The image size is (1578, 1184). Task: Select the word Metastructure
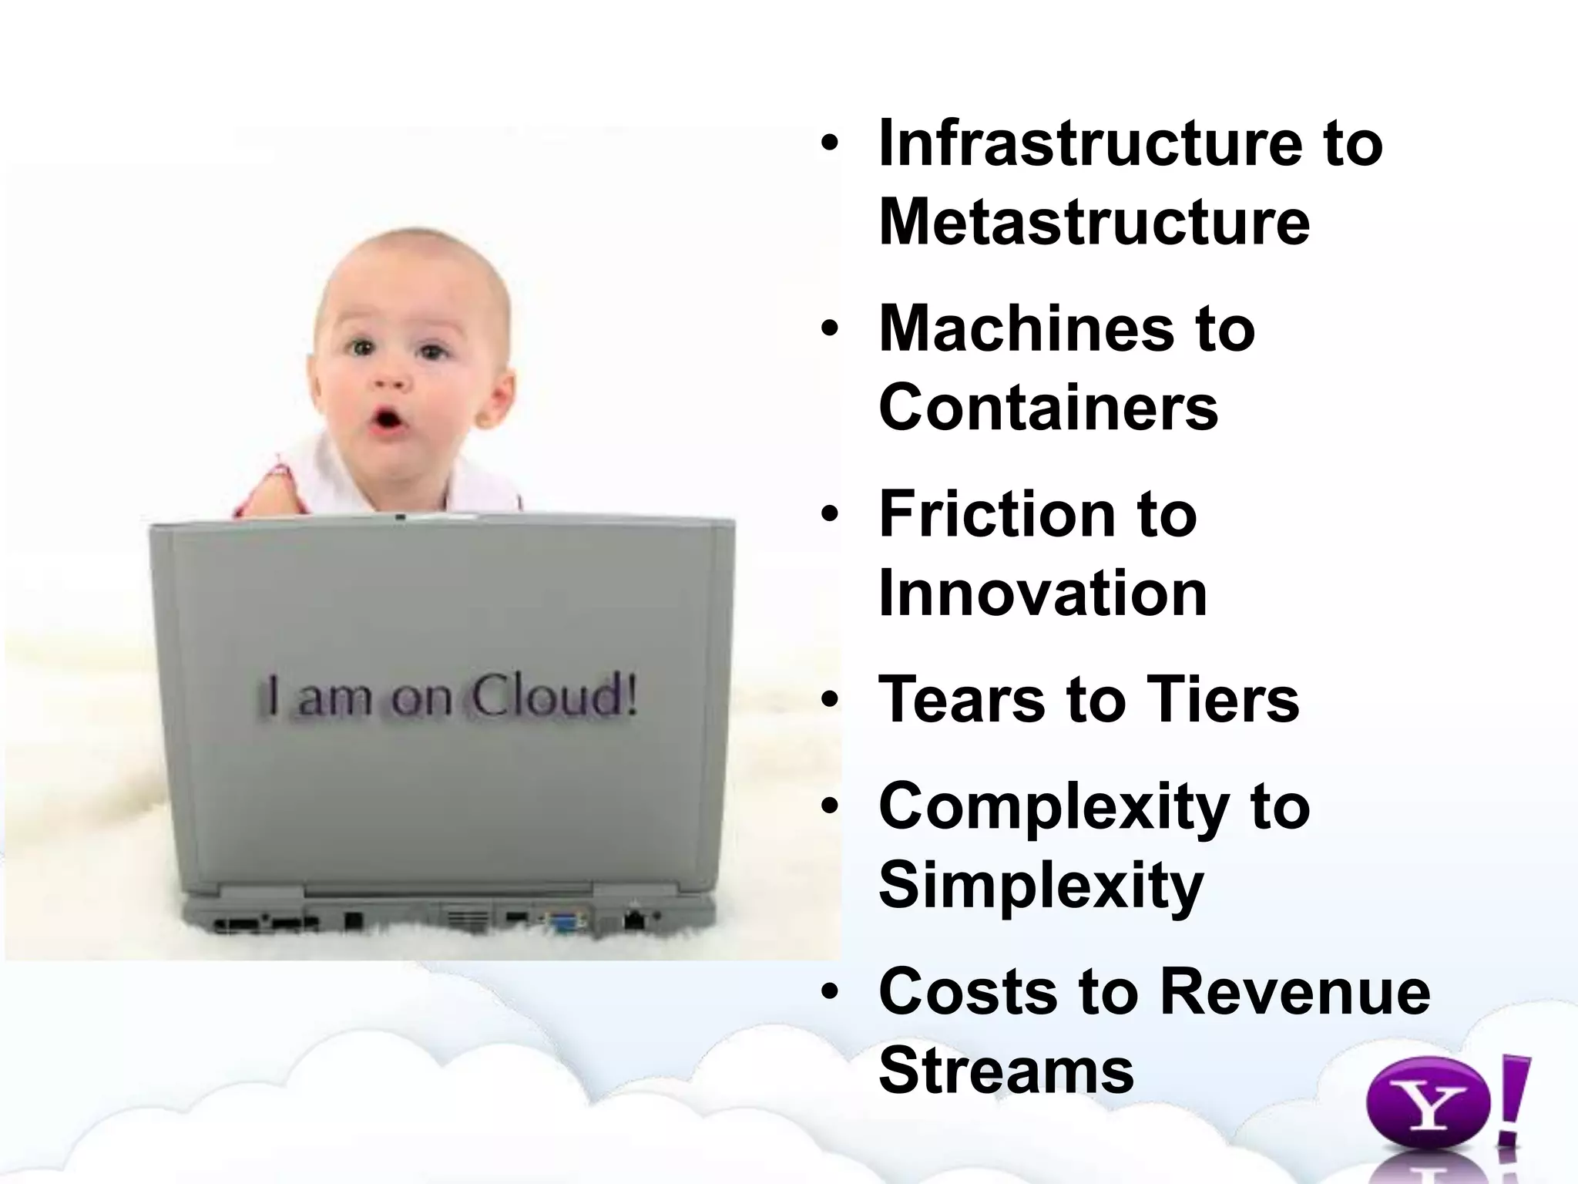coord(1094,222)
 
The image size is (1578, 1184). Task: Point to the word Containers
coord(1048,408)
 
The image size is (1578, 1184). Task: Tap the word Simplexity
coord(1040,886)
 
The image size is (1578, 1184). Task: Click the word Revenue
coord(1294,992)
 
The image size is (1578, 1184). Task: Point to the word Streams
coord(1006,1071)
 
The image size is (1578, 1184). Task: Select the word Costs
coord(968,992)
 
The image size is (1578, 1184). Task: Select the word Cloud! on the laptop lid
coord(554,695)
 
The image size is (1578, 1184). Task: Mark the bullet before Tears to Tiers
coord(829,700)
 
